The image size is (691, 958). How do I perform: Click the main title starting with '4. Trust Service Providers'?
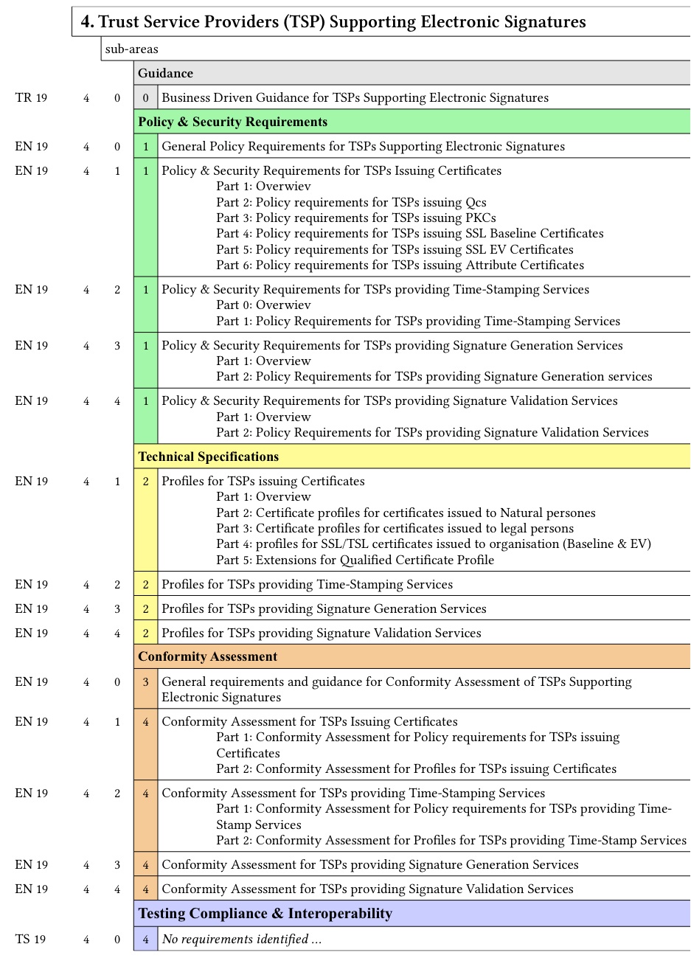coord(333,22)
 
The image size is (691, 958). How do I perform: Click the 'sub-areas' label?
coord(132,49)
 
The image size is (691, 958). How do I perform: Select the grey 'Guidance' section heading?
coord(166,73)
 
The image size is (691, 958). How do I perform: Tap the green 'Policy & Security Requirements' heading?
coord(233,122)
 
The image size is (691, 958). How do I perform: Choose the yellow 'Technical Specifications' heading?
coord(209,457)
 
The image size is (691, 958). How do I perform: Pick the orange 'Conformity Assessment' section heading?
coord(208,656)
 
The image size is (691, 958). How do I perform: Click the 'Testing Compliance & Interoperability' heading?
coord(265,914)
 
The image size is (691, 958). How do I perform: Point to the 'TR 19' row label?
coord(31,97)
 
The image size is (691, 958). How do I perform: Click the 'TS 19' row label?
coord(31,939)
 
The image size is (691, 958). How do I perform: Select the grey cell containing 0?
coord(145,97)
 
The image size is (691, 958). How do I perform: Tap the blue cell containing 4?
coord(145,939)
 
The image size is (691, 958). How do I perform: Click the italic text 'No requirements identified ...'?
coord(242,939)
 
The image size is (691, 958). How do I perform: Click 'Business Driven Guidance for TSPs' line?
coord(355,97)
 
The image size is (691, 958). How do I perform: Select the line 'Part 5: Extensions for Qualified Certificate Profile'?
coord(355,560)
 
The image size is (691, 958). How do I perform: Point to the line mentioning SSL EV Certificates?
coord(395,249)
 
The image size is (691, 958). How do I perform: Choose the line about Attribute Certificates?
coord(400,265)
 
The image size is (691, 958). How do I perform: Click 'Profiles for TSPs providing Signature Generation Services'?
coord(324,608)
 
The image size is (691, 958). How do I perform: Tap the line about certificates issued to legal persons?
coord(395,528)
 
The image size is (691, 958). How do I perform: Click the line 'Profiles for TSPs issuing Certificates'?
coord(263,481)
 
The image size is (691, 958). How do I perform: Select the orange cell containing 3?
coord(145,682)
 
